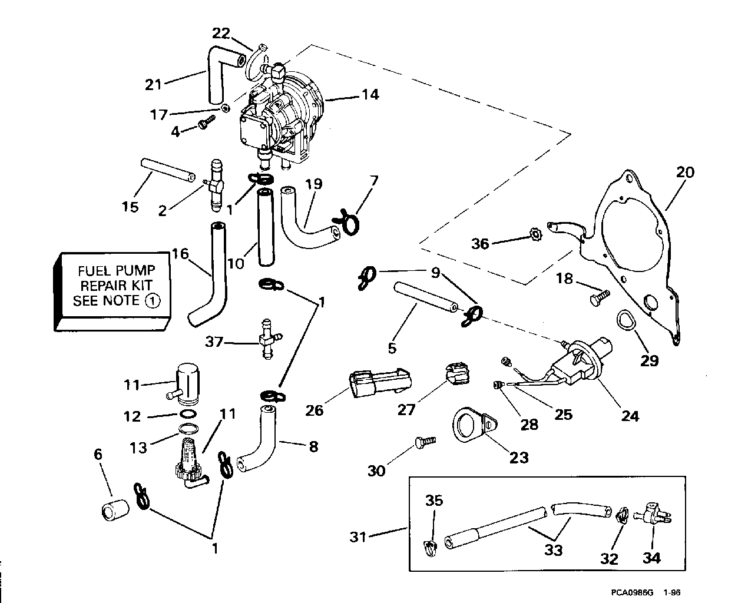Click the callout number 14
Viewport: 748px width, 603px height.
tap(370, 94)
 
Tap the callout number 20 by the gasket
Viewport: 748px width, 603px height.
tap(685, 172)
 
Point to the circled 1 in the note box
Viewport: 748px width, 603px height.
tap(152, 301)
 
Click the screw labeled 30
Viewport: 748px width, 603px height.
tap(424, 440)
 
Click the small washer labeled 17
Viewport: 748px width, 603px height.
tap(225, 108)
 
